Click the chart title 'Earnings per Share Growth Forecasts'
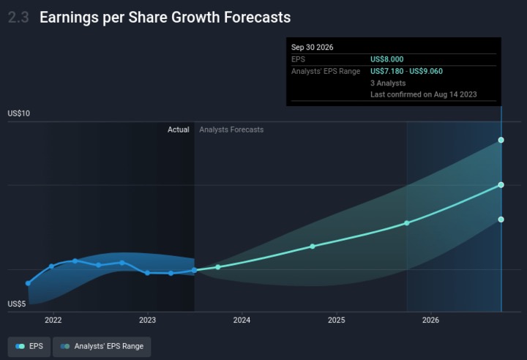165,18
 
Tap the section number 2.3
18,18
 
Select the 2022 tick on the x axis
53,320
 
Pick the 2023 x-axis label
147,320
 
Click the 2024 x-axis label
242,320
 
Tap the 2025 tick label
336,320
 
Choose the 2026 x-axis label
430,320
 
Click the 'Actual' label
178,130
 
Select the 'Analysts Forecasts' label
231,130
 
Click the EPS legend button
29,346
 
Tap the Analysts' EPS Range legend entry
102,346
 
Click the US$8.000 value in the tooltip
386,59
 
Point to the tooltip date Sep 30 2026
313,48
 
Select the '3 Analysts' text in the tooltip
388,83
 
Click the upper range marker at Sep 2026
501,140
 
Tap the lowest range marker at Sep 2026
501,220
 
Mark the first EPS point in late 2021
28,283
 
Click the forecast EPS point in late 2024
313,246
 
